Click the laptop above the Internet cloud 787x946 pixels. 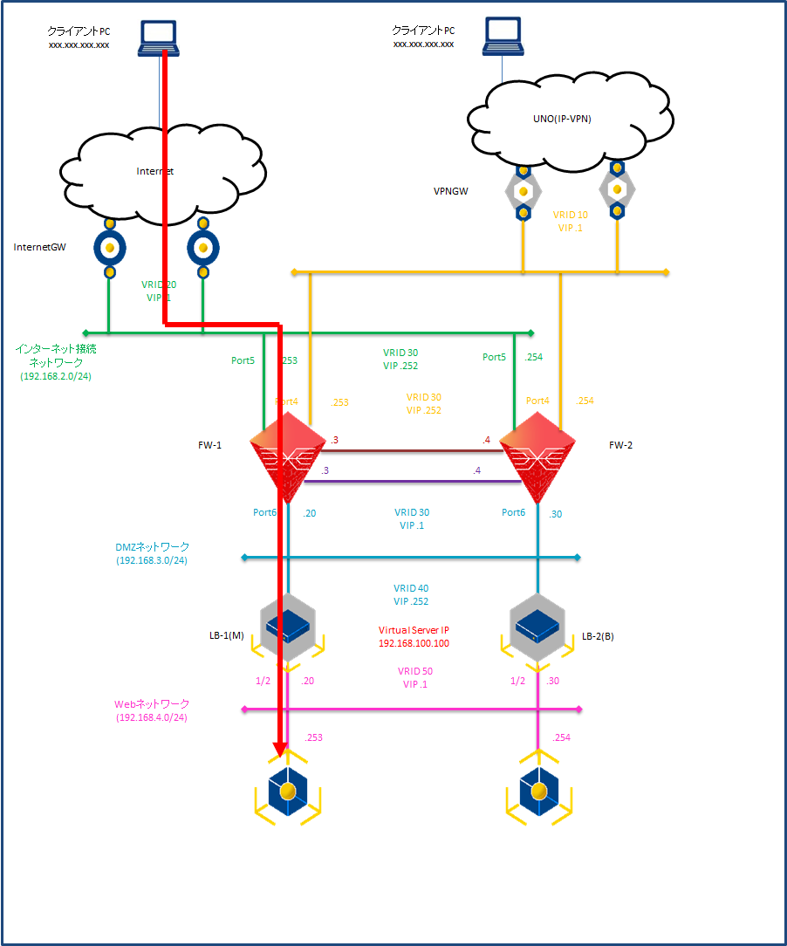click(x=159, y=38)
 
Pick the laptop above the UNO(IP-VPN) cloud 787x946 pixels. click(x=503, y=35)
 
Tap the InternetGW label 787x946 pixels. click(x=41, y=247)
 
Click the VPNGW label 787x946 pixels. click(x=450, y=189)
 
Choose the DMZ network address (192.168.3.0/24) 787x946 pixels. click(x=151, y=561)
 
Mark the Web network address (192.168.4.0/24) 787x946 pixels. click(x=151, y=717)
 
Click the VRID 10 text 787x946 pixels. click(x=571, y=215)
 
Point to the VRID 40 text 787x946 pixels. click(x=411, y=588)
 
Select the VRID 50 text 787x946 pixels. click(x=415, y=671)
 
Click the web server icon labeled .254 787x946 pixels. click(x=538, y=791)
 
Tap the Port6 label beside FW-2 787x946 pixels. click(x=513, y=512)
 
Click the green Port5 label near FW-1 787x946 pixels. click(x=243, y=358)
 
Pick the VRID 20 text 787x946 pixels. click(x=159, y=284)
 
